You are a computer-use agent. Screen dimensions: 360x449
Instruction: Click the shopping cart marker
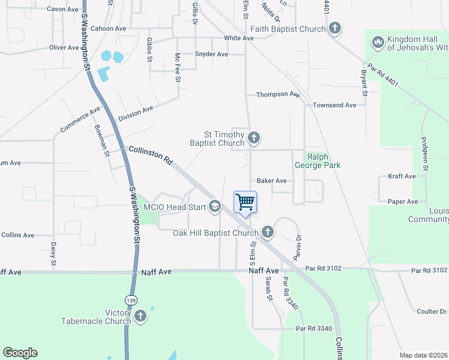[x=245, y=202]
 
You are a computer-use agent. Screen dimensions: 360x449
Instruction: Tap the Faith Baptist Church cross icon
[x=335, y=28]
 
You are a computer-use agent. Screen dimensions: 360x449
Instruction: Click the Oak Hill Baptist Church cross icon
[x=268, y=232]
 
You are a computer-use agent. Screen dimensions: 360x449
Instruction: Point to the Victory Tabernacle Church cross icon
[x=140, y=316]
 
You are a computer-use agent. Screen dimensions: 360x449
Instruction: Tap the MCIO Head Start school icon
[x=214, y=208]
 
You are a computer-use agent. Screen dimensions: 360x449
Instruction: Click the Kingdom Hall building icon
[x=378, y=43]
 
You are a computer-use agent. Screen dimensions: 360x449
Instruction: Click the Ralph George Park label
[x=318, y=161]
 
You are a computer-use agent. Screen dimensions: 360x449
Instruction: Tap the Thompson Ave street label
[x=277, y=95]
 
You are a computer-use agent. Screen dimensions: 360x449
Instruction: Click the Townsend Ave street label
[x=334, y=105]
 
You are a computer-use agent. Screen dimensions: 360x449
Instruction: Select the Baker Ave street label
[x=271, y=180]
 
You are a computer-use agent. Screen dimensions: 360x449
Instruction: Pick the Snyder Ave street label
[x=211, y=54]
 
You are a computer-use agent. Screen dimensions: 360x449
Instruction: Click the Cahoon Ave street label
[x=109, y=28]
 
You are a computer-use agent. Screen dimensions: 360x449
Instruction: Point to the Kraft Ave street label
[x=402, y=176]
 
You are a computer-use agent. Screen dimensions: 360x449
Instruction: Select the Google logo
[x=20, y=353]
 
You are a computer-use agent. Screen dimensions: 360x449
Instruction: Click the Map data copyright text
[x=423, y=355]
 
